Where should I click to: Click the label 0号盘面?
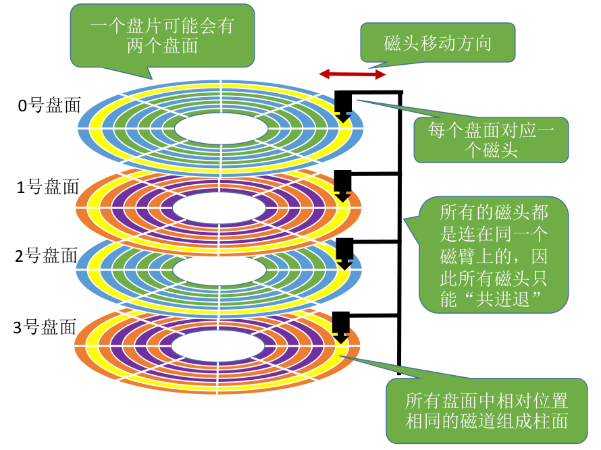(x=49, y=105)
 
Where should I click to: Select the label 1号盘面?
(x=48, y=187)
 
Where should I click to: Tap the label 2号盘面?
(x=47, y=256)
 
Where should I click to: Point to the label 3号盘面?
(x=45, y=327)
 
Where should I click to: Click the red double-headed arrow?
(x=352, y=74)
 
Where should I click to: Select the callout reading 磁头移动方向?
(x=438, y=43)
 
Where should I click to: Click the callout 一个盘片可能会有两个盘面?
(x=162, y=36)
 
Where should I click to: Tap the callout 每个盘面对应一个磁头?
(x=491, y=140)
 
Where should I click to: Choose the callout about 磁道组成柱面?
(x=486, y=411)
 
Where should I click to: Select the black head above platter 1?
(x=342, y=186)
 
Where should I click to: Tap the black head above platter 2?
(x=344, y=254)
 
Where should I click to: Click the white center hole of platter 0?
(x=221, y=129)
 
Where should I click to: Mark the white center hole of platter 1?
(x=219, y=208)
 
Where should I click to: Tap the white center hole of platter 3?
(x=217, y=346)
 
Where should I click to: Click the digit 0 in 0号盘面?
(x=22, y=106)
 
